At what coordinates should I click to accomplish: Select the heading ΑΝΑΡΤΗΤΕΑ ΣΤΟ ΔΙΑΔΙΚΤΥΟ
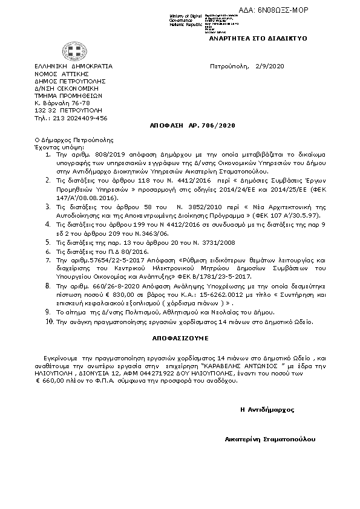point(258,38)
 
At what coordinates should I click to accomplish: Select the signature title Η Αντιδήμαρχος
point(267,410)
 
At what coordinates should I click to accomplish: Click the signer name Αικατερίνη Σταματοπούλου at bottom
point(270,439)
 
